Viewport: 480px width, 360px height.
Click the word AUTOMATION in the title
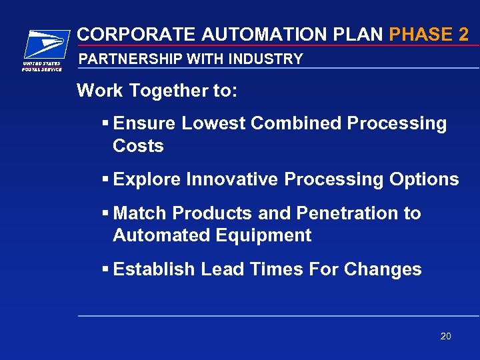click(235, 34)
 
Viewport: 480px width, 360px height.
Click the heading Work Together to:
click(157, 91)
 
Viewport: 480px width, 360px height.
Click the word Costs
click(138, 145)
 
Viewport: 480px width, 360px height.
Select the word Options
click(424, 179)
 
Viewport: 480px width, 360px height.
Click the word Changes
click(383, 269)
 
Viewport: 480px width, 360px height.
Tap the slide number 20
click(446, 336)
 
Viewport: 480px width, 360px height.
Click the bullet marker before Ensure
click(105, 124)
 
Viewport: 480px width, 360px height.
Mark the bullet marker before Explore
click(105, 180)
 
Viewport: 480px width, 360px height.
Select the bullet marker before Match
click(105, 214)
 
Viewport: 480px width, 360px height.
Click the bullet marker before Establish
click(105, 270)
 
